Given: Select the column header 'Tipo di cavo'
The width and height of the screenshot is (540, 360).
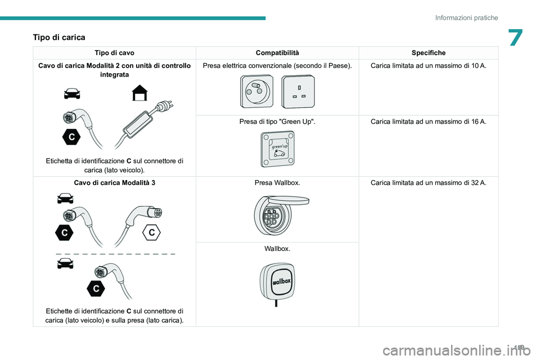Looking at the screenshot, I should [114, 53].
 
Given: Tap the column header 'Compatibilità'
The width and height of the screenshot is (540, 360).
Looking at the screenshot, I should [277, 53].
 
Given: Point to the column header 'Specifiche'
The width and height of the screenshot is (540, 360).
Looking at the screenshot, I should [428, 53].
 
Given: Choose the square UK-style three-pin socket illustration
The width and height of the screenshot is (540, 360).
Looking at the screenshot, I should [299, 91].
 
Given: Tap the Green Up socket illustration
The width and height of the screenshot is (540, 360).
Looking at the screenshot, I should [277, 149].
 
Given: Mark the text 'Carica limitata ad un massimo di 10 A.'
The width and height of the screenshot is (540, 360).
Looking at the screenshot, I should [428, 66].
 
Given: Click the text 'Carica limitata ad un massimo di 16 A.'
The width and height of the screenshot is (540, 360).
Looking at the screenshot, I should [428, 121].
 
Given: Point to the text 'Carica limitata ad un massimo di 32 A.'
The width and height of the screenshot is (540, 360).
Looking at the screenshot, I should [428, 183].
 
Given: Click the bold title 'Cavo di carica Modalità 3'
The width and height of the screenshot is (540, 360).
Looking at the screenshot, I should [115, 183].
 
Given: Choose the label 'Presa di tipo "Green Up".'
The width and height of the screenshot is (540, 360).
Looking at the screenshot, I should [277, 121].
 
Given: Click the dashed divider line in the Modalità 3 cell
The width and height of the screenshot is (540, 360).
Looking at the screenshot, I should [115, 254].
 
